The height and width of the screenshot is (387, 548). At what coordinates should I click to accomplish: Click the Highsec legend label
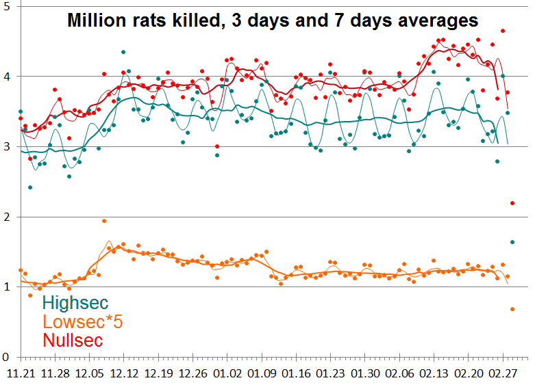point(75,303)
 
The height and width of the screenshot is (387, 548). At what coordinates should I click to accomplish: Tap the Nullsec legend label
point(73,340)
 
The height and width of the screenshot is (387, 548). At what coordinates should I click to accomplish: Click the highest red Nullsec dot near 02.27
point(503,31)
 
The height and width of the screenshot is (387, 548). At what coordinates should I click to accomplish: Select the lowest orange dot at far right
point(512,309)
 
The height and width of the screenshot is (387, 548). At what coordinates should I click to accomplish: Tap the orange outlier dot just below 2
point(104,221)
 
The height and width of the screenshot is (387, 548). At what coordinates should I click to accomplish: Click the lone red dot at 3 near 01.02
point(217,146)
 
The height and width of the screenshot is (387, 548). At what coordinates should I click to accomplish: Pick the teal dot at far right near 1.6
point(512,242)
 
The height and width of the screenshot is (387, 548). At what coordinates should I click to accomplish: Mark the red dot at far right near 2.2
point(512,203)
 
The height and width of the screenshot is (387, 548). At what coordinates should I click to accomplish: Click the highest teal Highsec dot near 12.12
point(123,52)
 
